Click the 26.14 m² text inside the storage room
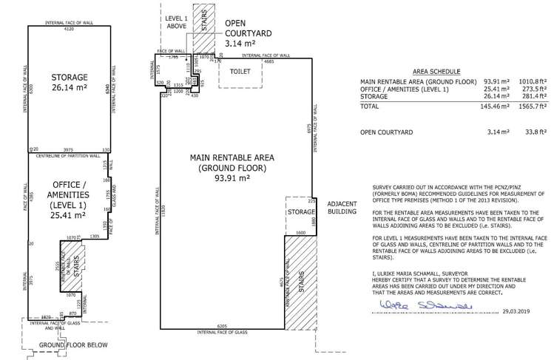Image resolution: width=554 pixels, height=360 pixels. pos(70,88)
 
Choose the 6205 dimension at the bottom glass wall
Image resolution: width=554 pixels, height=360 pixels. pos(222,326)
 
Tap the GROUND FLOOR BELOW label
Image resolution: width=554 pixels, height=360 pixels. pos(73,345)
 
